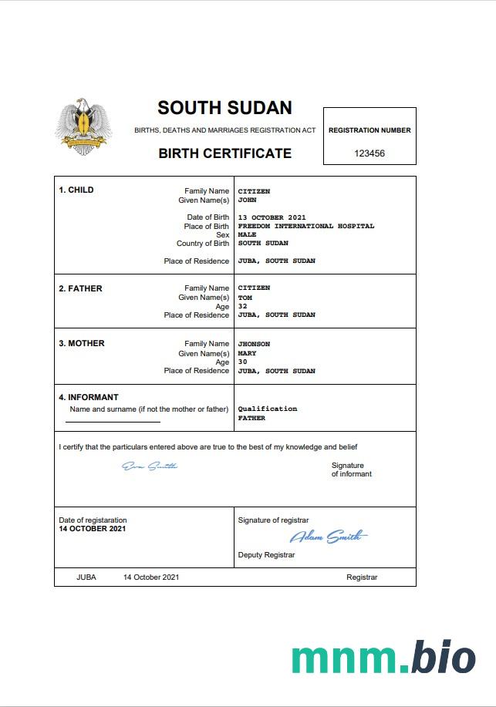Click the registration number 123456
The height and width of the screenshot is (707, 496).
369,153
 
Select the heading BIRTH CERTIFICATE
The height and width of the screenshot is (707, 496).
224,153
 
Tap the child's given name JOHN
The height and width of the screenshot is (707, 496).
247,200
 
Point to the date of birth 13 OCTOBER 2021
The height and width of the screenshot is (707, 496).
272,217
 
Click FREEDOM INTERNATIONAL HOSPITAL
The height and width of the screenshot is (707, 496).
305,226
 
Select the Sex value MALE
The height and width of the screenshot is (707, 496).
247,234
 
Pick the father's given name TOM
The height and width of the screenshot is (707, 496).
245,297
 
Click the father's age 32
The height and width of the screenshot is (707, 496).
242,306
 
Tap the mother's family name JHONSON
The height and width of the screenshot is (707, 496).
254,344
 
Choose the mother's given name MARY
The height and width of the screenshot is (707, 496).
247,353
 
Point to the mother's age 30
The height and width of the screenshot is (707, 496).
242,362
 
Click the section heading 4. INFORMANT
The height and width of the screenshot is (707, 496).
89,398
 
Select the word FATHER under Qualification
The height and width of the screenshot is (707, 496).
251,418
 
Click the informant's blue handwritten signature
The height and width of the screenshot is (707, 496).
150,466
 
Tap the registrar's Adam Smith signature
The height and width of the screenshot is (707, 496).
329,537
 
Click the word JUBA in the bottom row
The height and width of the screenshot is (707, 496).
86,577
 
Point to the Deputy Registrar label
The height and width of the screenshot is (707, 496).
266,555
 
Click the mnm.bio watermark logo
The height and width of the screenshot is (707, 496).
383,658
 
